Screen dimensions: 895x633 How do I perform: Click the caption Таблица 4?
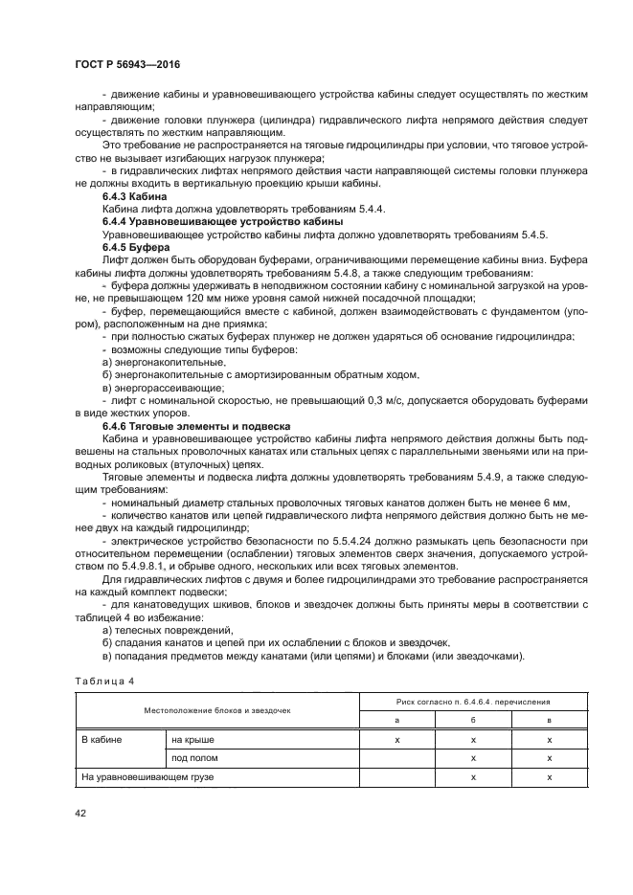pos(104,681)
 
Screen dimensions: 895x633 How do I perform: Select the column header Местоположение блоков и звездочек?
pos(216,711)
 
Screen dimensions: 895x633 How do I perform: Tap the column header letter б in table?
pos(473,720)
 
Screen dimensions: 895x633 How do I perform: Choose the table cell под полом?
pos(194,758)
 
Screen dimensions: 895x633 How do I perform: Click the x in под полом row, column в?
pos(549,758)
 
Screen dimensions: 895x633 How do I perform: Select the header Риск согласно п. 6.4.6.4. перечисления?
pos(473,702)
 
